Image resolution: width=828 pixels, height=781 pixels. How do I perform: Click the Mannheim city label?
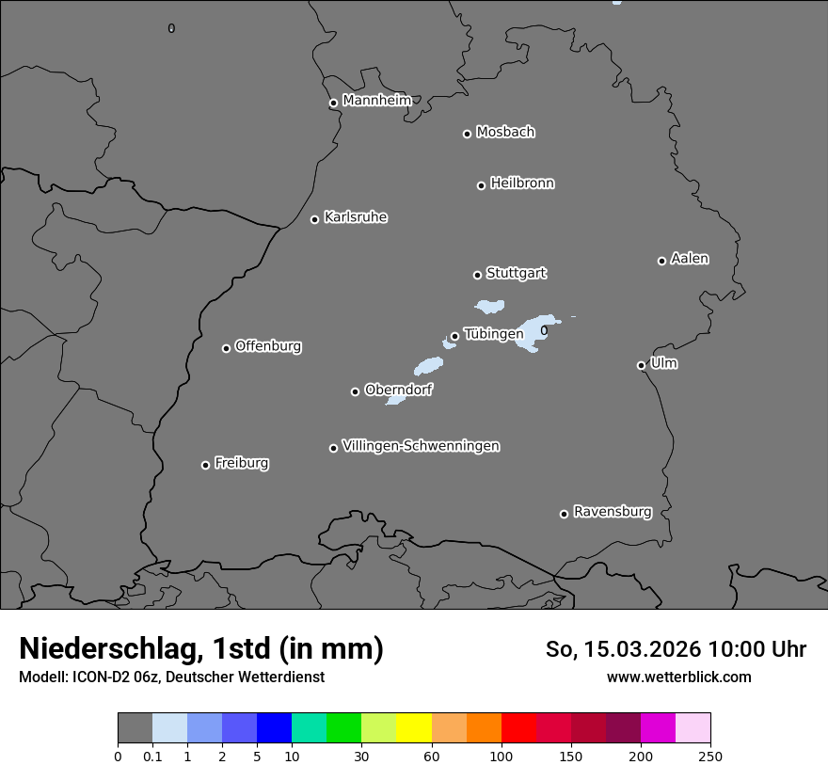[376, 101]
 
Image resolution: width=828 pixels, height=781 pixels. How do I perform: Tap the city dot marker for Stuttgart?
[477, 275]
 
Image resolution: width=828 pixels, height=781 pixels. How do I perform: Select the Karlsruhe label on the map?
[356, 217]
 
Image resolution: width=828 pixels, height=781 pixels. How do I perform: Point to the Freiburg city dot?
[205, 465]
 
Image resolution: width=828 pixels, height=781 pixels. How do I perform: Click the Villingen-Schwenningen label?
[421, 446]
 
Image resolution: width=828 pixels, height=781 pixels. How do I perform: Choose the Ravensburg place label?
[612, 512]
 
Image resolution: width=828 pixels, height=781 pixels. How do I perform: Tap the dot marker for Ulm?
[641, 365]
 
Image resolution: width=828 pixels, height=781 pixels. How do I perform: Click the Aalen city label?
[690, 259]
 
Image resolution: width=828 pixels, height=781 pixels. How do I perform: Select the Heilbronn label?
[522, 183]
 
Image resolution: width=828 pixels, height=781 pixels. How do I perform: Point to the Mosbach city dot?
[467, 134]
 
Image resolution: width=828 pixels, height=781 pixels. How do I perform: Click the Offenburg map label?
[268, 346]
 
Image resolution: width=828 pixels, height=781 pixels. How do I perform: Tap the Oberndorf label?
[398, 390]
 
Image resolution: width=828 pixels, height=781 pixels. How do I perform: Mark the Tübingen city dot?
[454, 336]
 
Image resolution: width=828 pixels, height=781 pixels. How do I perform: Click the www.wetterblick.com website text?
[678, 677]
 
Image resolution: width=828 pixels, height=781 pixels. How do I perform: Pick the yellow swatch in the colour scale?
[414, 728]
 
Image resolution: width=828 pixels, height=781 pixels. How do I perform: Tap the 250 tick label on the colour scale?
[710, 757]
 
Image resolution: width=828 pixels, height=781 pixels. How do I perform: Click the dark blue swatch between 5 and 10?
[274, 728]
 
